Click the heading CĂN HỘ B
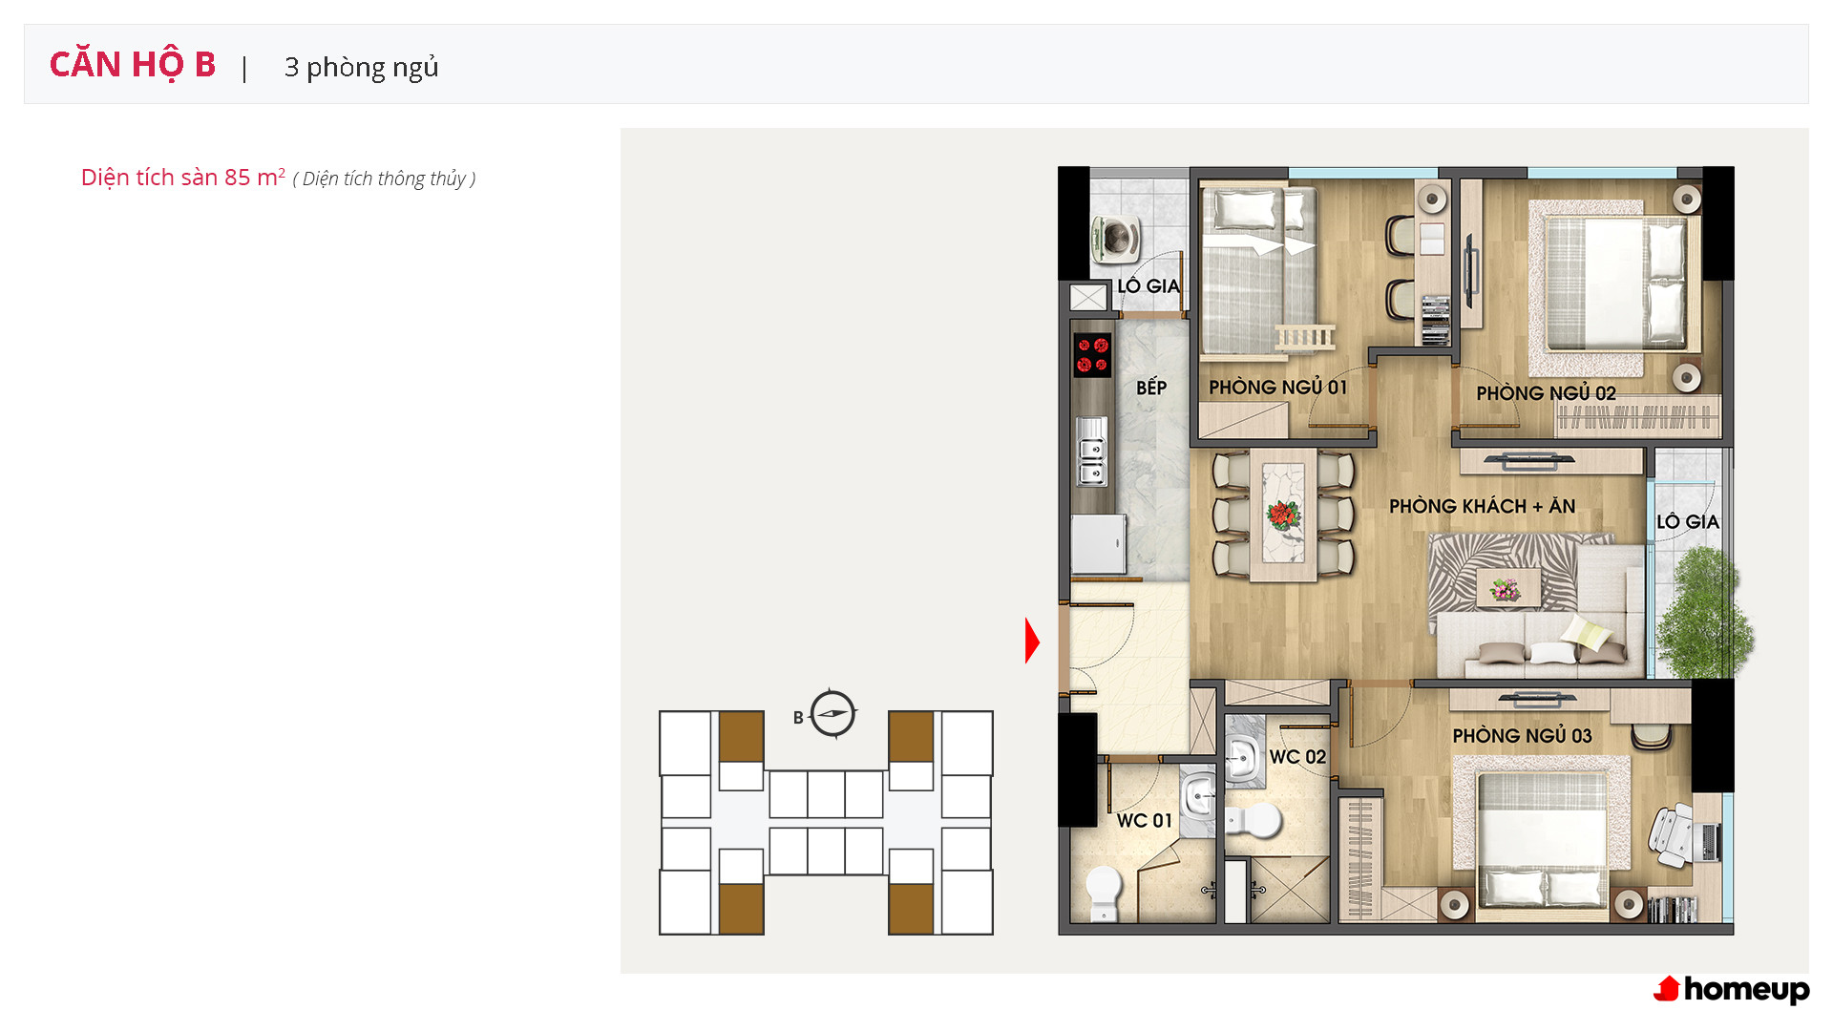133,65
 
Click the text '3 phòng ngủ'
361,68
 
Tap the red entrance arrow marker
1032,641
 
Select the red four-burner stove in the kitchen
1092,355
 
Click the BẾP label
1151,387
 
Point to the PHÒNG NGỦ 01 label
1277,387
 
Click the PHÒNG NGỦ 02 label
1546,392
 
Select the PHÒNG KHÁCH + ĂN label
1482,506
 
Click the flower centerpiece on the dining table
1283,515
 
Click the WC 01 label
1144,820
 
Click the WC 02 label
1297,757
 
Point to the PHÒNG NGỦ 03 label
1522,735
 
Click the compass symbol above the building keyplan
832,713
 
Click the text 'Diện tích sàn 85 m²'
183,178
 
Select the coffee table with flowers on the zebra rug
1508,588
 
